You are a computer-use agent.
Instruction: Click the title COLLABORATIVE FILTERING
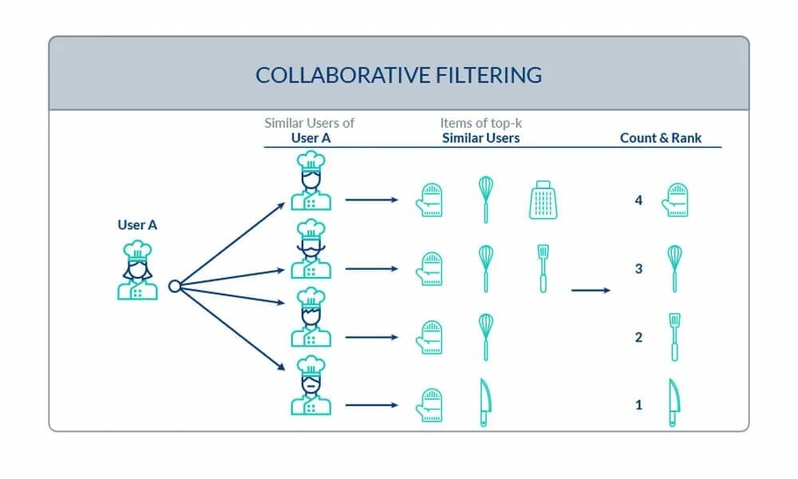[x=398, y=75]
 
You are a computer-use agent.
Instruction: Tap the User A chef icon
[x=137, y=271]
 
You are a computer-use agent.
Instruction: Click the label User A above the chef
[x=137, y=225]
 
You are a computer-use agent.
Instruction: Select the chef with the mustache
[x=310, y=249]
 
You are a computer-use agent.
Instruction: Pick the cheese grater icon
[x=543, y=200]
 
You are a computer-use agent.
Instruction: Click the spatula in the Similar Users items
[x=543, y=268]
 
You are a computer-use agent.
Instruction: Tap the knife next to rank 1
[x=674, y=403]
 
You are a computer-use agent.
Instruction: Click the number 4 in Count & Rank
[x=638, y=200]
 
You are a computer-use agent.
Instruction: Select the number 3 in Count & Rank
[x=638, y=269]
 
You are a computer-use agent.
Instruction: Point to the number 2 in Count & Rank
[x=638, y=338]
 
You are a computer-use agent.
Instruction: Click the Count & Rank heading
[x=661, y=138]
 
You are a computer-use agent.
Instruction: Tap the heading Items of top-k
[x=480, y=123]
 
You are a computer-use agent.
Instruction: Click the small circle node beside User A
[x=174, y=286]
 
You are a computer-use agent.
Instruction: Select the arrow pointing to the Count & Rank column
[x=591, y=290]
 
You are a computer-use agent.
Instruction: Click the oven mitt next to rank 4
[x=674, y=200]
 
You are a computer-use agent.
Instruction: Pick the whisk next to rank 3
[x=674, y=268]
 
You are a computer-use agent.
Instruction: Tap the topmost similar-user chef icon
[x=310, y=181]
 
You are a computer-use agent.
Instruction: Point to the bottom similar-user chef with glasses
[x=310, y=386]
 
